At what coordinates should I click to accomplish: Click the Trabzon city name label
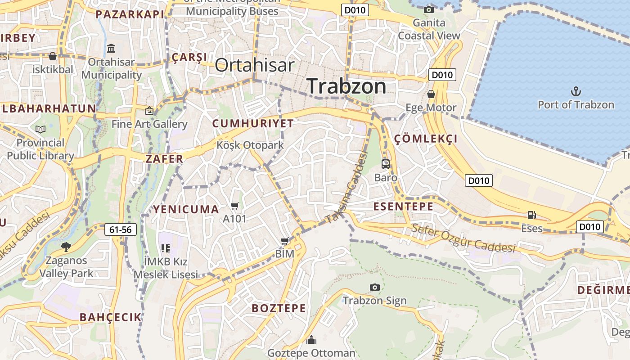tap(346, 86)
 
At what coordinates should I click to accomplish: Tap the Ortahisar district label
tap(255, 65)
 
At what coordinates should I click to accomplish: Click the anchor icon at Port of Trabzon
tap(576, 92)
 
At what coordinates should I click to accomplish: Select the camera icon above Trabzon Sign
tap(374, 287)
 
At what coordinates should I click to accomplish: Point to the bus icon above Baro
tap(386, 164)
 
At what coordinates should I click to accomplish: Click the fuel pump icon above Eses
tap(532, 215)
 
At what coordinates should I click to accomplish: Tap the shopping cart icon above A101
tap(234, 206)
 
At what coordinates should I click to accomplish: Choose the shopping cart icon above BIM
tap(284, 241)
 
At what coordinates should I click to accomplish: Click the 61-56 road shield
tap(121, 229)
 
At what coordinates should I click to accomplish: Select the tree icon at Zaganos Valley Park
tap(66, 247)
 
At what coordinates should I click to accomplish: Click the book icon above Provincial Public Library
tap(40, 130)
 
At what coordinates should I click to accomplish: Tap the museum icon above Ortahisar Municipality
tap(111, 48)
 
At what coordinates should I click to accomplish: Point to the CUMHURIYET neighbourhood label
tap(253, 123)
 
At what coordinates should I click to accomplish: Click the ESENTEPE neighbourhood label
tap(404, 207)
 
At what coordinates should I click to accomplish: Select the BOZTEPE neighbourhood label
tap(279, 308)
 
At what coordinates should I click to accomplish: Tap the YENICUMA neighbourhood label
tap(186, 209)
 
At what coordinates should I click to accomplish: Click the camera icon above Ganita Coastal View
tap(429, 9)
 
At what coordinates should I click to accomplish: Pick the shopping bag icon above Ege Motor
tap(431, 94)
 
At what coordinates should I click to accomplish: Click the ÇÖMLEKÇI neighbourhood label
tap(426, 139)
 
